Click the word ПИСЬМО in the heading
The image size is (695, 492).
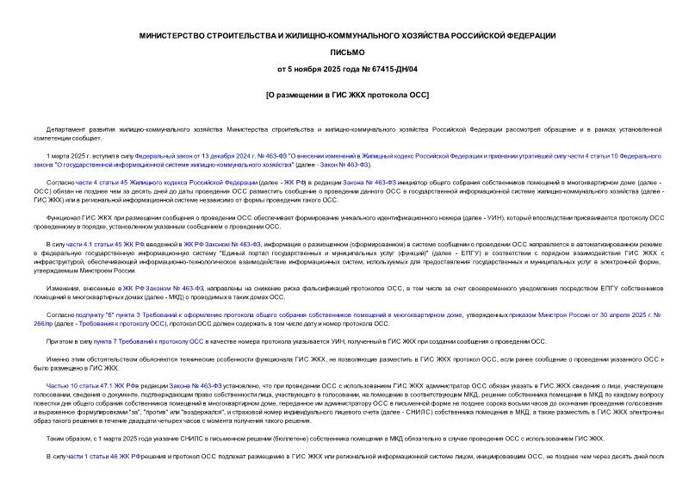347,51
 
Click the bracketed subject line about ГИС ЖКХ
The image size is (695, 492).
347,93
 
